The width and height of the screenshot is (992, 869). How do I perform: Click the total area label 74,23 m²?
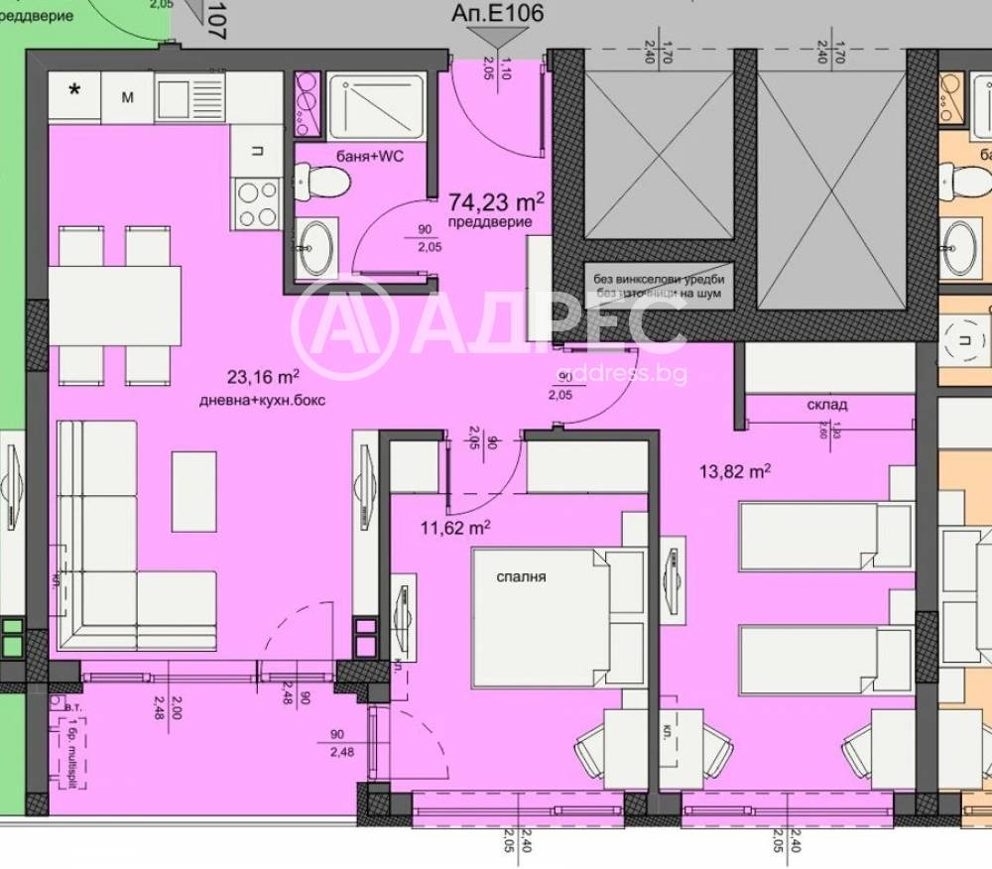pos(495,202)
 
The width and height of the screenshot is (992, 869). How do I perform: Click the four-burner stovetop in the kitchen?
pos(257,203)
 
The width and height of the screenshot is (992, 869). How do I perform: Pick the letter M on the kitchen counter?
pos(128,96)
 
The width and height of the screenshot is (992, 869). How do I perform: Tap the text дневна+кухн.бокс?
pos(262,401)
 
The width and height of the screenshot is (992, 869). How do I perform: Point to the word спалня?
pos(523,576)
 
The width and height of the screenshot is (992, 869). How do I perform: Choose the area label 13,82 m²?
pos(735,472)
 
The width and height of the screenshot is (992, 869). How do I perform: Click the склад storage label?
pos(826,405)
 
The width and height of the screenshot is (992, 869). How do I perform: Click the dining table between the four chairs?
pos(115,305)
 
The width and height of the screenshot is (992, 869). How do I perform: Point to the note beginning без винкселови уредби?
pos(659,280)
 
